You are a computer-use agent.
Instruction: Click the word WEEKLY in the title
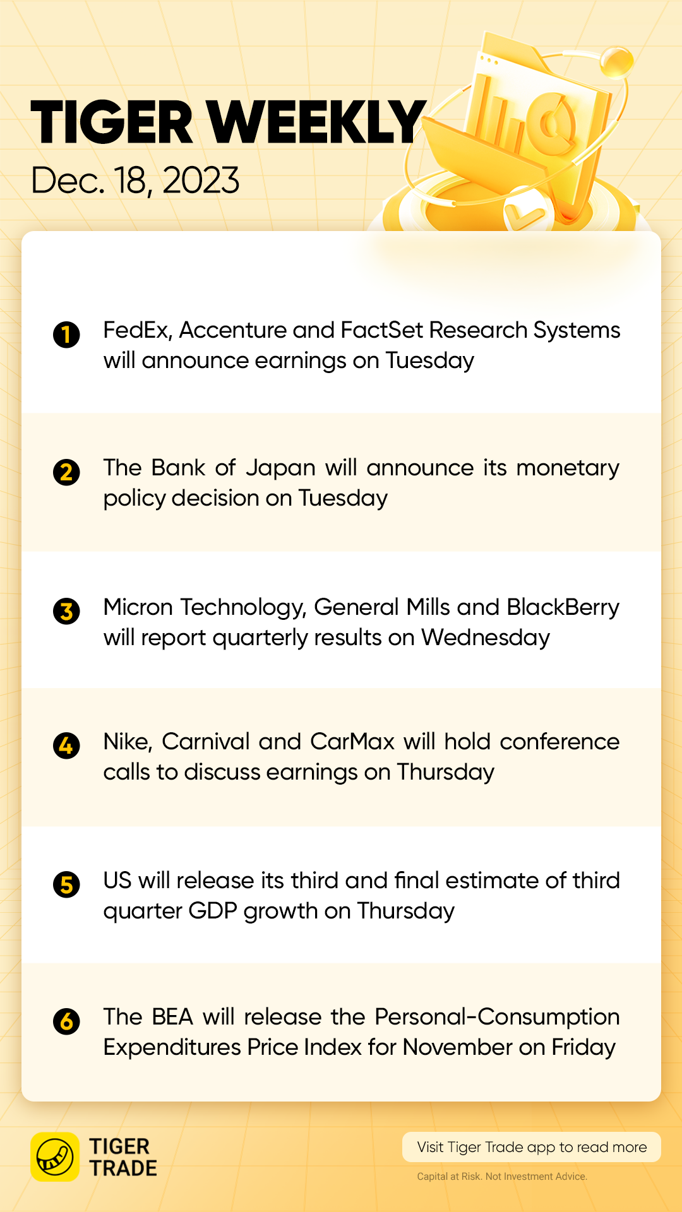pos(316,122)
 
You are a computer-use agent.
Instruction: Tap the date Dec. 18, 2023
pos(135,181)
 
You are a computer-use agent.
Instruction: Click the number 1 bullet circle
pos(66,335)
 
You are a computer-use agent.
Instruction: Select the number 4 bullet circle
pos(66,746)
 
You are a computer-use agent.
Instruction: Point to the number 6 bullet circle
pos(66,1021)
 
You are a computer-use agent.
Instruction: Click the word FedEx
pos(138,330)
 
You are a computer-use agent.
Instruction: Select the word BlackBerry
pos(563,607)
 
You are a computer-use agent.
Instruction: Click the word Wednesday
pos(486,638)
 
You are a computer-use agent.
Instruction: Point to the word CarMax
pos(352,742)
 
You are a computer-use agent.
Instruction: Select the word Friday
pos(583,1048)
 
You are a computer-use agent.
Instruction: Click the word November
pos(458,1047)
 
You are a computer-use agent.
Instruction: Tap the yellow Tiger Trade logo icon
pos(55,1156)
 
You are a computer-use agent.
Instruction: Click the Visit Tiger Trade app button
pos(532,1147)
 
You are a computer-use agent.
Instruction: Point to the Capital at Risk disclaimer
pos(502,1177)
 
